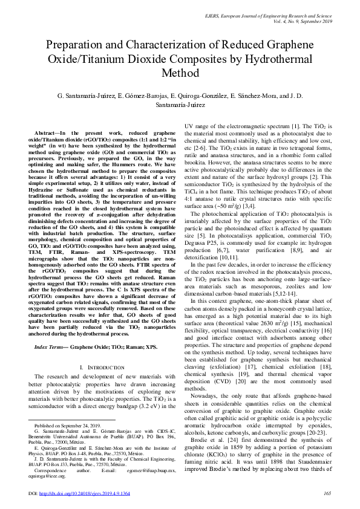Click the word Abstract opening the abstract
click(48, 132)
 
